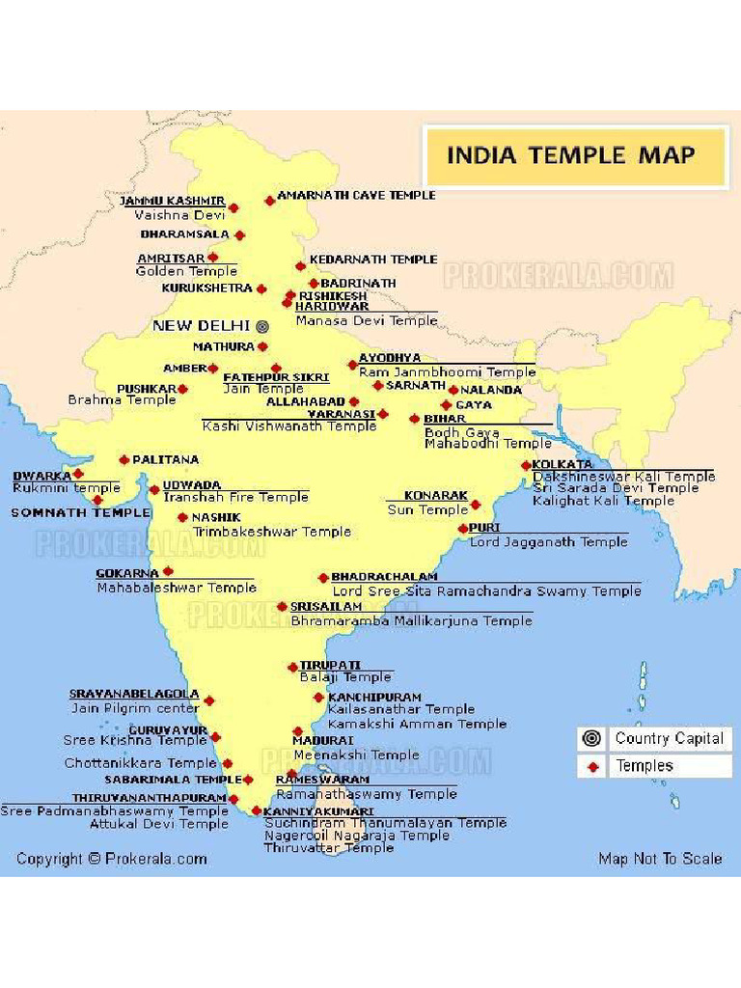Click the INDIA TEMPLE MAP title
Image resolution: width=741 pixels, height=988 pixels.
pyautogui.click(x=570, y=154)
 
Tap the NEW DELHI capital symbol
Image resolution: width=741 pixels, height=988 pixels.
pyautogui.click(x=261, y=326)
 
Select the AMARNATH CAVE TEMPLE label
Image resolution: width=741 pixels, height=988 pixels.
pyautogui.click(x=356, y=195)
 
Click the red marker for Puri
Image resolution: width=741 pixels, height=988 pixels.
pyautogui.click(x=463, y=529)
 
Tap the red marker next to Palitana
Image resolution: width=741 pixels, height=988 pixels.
pyautogui.click(x=123, y=459)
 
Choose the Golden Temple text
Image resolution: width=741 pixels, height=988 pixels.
pyautogui.click(x=186, y=271)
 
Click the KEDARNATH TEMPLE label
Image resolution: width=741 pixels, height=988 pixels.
pyautogui.click(x=373, y=260)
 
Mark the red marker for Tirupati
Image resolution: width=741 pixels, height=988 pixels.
pyautogui.click(x=292, y=667)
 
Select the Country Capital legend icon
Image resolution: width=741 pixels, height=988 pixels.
pyautogui.click(x=592, y=739)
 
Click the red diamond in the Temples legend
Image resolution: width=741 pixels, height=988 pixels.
pyautogui.click(x=592, y=767)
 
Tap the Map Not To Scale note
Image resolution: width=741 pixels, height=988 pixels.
pyautogui.click(x=660, y=859)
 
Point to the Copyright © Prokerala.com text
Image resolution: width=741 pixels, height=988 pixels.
pyautogui.click(x=111, y=859)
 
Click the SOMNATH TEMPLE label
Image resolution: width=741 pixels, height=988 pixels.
pyautogui.click(x=81, y=512)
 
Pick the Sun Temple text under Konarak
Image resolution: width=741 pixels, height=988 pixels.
pyautogui.click(x=427, y=509)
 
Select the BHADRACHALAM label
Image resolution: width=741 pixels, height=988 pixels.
pyautogui.click(x=384, y=576)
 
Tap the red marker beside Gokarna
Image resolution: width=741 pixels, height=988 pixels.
pyautogui.click(x=168, y=571)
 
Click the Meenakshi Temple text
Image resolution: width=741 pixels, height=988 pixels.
pyautogui.click(x=356, y=755)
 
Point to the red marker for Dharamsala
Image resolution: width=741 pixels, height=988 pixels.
pyautogui.click(x=239, y=234)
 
